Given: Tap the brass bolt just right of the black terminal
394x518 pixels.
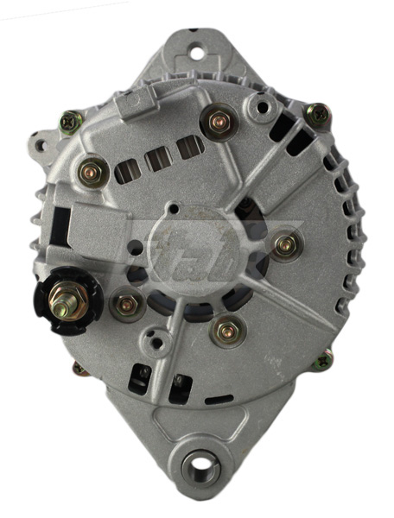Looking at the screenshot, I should click(x=126, y=303).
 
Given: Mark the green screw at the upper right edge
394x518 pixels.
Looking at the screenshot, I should click(x=319, y=112).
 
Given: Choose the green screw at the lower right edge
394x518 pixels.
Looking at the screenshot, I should click(x=323, y=359).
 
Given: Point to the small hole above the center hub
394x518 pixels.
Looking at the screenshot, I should click(x=175, y=208).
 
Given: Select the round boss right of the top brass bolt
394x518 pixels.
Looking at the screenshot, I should click(x=257, y=106).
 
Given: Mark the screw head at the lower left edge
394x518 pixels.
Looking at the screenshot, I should click(x=79, y=369).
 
